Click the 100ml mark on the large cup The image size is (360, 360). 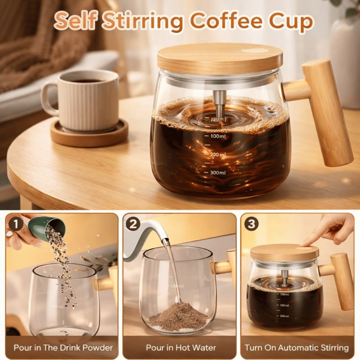218,136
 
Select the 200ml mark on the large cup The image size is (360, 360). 218,155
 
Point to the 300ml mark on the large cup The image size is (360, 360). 218,173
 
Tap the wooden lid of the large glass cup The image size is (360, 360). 220,58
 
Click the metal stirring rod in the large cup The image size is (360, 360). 220,104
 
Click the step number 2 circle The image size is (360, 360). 133,224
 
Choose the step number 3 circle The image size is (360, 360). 251,224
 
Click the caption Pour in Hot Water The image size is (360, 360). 181,348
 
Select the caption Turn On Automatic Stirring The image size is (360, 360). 297,348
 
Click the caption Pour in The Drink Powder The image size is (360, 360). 63,348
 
